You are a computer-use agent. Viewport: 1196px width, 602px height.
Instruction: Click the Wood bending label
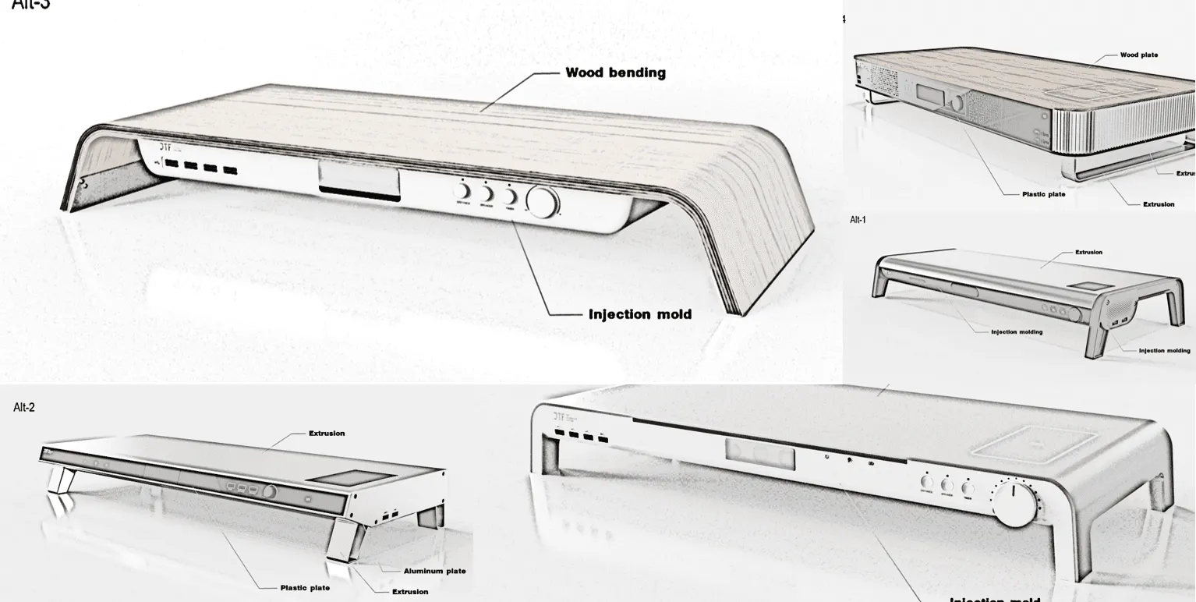(x=615, y=73)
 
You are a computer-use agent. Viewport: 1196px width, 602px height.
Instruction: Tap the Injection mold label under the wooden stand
(x=639, y=314)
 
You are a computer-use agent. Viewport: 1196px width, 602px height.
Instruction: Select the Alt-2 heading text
(x=24, y=407)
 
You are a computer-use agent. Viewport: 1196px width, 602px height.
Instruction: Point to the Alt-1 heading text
(x=858, y=220)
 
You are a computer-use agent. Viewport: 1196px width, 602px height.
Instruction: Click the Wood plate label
(x=1138, y=55)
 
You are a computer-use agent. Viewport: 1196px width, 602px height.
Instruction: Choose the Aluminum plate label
(x=434, y=571)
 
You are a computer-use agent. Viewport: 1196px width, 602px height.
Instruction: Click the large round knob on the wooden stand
(x=543, y=202)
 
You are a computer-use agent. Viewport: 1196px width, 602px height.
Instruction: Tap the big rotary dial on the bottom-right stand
(x=1014, y=504)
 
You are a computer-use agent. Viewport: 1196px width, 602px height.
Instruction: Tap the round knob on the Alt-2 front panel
(x=271, y=492)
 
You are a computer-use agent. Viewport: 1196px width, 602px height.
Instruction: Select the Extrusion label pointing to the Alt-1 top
(x=1088, y=253)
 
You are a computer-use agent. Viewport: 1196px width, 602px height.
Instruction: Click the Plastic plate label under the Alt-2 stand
(x=305, y=588)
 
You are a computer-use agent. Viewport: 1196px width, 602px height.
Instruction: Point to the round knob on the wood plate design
(x=957, y=102)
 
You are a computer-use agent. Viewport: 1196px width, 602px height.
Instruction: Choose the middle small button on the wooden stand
(x=487, y=193)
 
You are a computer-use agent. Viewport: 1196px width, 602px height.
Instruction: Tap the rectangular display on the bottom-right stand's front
(x=759, y=453)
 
